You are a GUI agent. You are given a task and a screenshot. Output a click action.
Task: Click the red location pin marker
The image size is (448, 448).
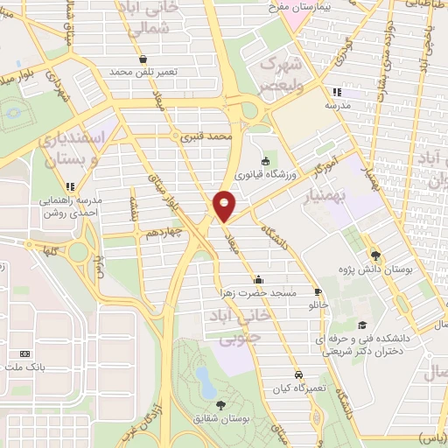coord(224,205)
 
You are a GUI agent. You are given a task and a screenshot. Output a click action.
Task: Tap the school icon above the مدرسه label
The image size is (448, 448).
coord(336,91)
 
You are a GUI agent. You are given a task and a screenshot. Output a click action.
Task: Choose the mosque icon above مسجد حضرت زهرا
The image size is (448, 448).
coord(257,280)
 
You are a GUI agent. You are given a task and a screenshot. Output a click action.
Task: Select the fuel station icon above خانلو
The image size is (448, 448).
coord(317,293)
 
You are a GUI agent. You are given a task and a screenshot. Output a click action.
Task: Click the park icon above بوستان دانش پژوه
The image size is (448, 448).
coord(376,255)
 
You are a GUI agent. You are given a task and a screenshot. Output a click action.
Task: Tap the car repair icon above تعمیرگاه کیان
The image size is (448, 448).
coord(299,373)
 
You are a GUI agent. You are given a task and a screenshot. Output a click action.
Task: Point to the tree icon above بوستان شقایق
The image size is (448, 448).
coord(220,404)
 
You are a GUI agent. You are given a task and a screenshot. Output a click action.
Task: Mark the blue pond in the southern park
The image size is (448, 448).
coord(204,378)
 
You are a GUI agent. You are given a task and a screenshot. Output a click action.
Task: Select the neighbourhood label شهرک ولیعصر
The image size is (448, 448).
coord(281,75)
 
